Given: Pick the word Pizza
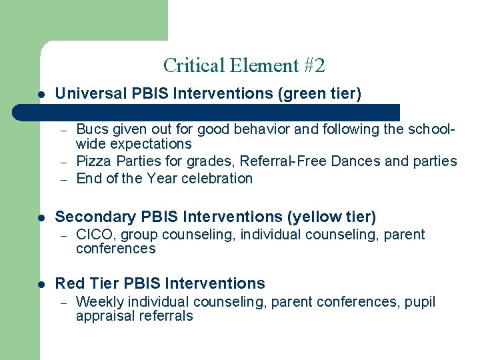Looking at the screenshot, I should (x=94, y=161).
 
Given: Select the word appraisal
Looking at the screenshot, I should (x=103, y=317).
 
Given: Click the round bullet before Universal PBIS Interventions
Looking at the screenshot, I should (x=41, y=95).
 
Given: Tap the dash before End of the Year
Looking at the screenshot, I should (x=64, y=179).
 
